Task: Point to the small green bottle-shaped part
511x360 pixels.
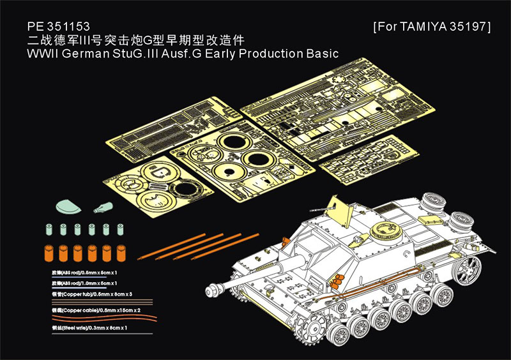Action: tap(102, 206)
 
